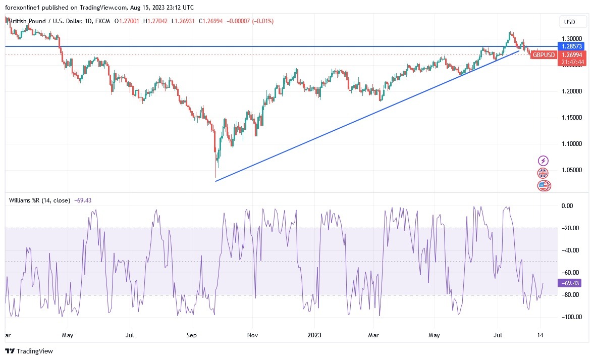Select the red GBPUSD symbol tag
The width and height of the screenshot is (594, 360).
click(544, 55)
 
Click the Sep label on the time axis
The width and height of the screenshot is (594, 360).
click(191, 334)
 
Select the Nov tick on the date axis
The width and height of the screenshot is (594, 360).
click(253, 334)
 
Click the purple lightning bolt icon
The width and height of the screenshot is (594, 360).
click(543, 161)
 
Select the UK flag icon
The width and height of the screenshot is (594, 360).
click(543, 173)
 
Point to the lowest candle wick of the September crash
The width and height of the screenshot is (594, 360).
click(215, 177)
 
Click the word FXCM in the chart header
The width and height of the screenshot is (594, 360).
click(104, 21)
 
